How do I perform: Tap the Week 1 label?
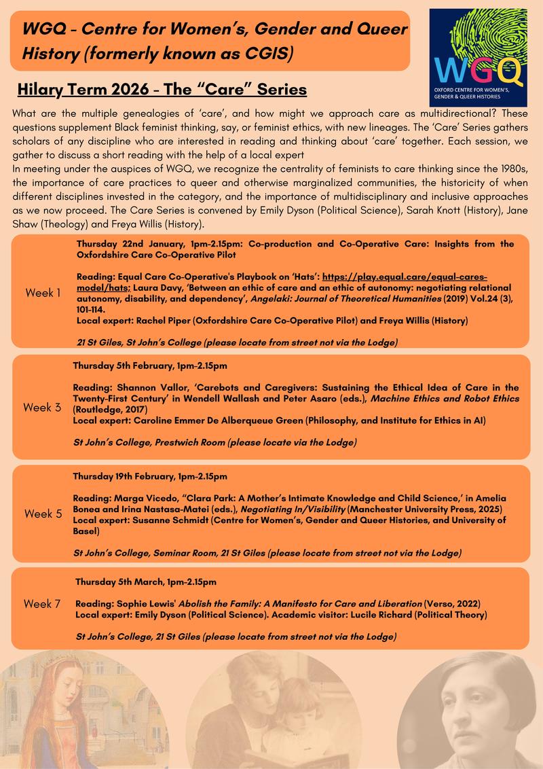43,293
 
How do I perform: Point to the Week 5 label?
43,514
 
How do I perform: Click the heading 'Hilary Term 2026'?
80,89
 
